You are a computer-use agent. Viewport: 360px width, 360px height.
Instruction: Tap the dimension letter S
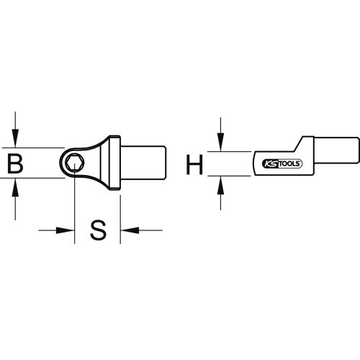98,231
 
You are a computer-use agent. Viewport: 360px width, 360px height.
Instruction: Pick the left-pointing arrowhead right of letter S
127,231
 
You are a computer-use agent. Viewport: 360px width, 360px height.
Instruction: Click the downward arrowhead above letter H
221,145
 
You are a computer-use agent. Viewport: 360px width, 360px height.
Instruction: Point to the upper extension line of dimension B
36,147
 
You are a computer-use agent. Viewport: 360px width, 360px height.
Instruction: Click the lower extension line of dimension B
36,181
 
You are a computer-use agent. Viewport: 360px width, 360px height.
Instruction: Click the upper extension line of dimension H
234,152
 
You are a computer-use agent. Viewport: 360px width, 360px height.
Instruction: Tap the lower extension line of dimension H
234,176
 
